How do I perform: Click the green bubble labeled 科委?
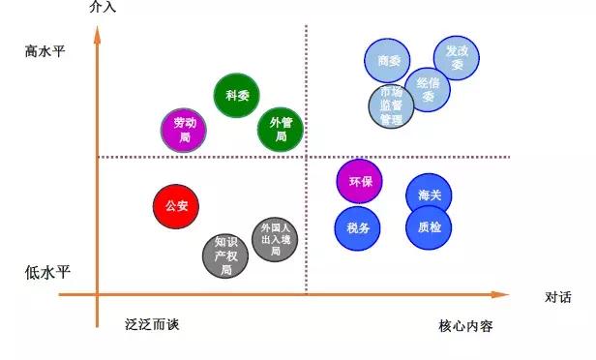pos(237,96)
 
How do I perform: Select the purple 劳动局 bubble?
pos(185,131)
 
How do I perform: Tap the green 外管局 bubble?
pos(281,130)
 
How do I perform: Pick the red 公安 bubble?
pos(177,206)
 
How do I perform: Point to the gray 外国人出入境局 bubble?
pos(275,238)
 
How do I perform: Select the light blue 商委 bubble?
pos(388,61)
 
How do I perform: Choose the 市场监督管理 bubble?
pos(391,106)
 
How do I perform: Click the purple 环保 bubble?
pos(360,181)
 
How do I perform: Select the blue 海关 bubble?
pos(430,195)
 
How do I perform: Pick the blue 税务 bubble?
pos(357,228)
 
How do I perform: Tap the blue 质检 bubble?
pos(430,228)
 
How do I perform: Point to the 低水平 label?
pos(46,272)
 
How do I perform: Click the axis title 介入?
pos(102,8)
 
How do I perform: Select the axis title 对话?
pos(557,297)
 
